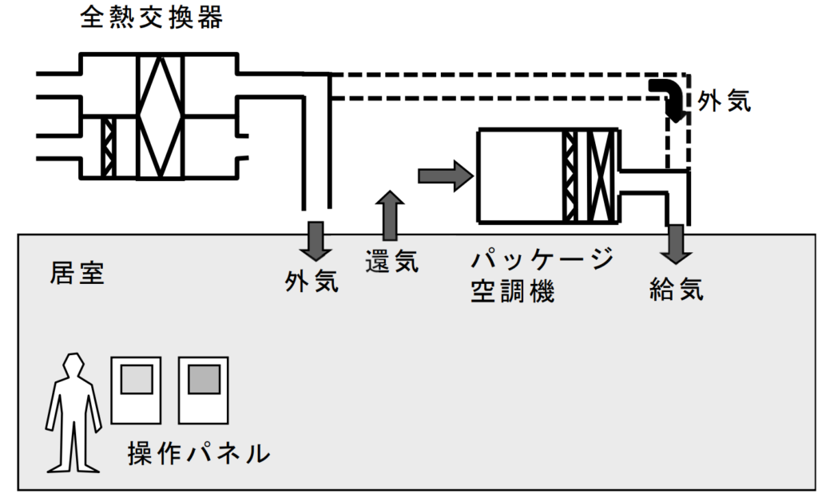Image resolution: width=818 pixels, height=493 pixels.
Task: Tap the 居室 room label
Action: point(77,274)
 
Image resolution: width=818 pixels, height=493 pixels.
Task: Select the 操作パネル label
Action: point(199,454)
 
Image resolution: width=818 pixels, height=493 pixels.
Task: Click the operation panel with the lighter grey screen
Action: point(136,390)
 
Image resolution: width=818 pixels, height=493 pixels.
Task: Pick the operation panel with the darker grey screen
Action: point(204,390)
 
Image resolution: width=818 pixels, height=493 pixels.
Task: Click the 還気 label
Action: point(391,261)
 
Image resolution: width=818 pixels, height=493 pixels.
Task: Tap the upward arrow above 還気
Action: point(390,215)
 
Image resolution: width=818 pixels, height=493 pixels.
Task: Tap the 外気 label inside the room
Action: point(312,280)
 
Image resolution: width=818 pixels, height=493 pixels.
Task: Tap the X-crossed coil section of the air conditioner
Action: point(602,176)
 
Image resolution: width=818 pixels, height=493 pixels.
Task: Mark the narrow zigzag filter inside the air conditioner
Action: point(570,176)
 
